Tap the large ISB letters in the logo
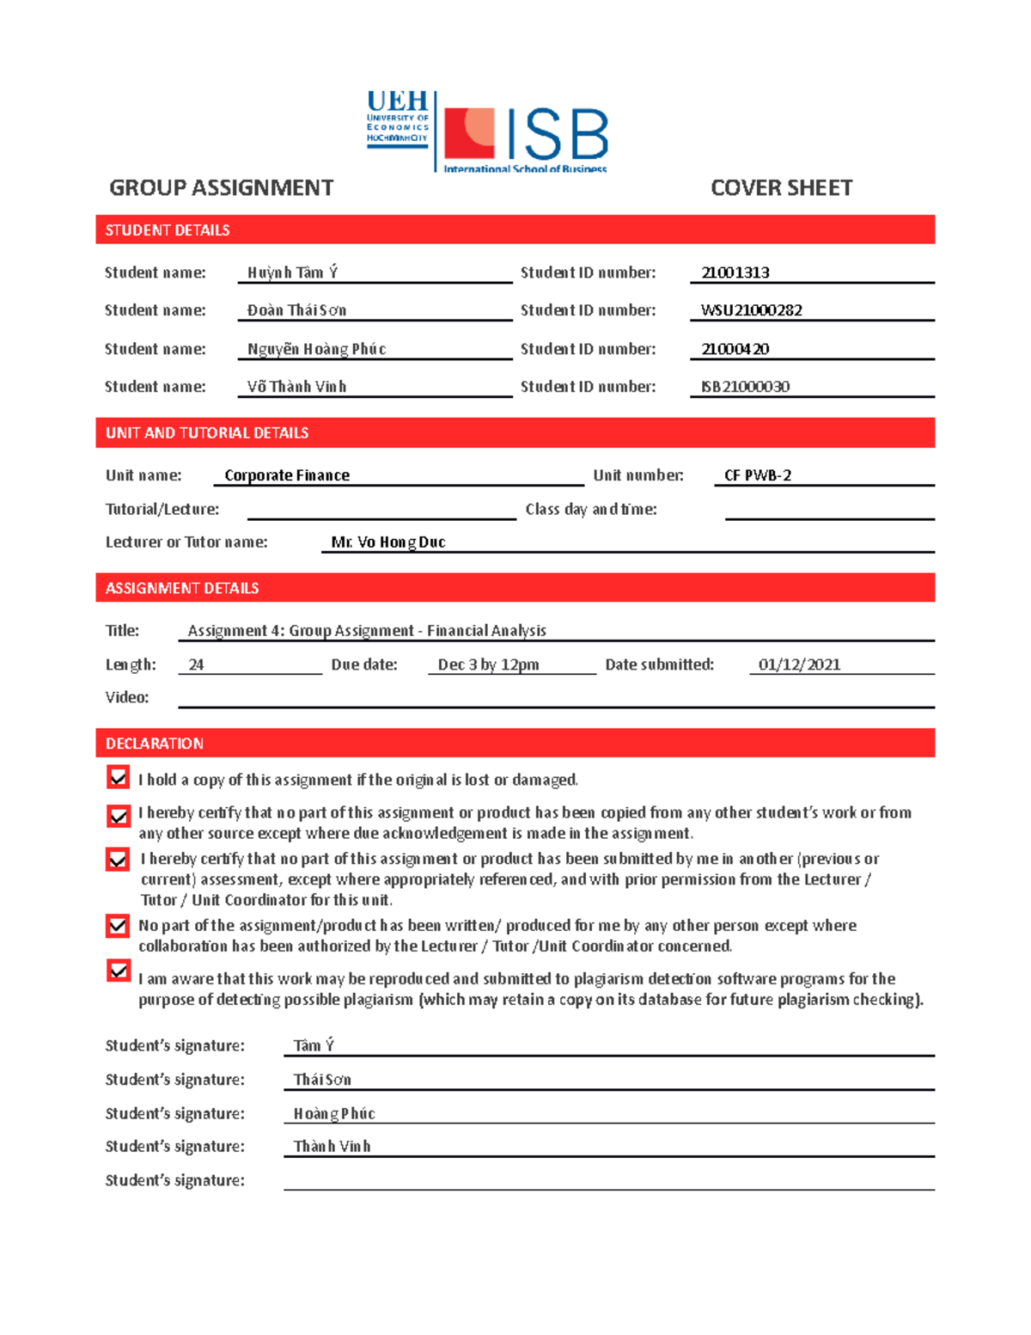click(557, 135)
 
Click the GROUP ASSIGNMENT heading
click(221, 188)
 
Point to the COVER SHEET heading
click(781, 188)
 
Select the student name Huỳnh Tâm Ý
click(292, 273)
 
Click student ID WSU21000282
click(751, 310)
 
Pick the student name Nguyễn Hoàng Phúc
click(316, 349)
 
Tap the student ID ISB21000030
click(745, 387)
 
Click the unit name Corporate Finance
click(287, 475)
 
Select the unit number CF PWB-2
click(757, 475)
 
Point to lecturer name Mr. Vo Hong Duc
click(388, 542)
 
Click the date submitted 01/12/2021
click(799, 664)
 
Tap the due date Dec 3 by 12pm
click(488, 664)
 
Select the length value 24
click(196, 664)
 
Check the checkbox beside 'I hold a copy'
click(118, 778)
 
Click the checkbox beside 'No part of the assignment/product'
click(118, 926)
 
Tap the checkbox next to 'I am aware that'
click(118, 971)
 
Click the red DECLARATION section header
click(515, 744)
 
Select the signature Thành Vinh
click(332, 1147)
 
